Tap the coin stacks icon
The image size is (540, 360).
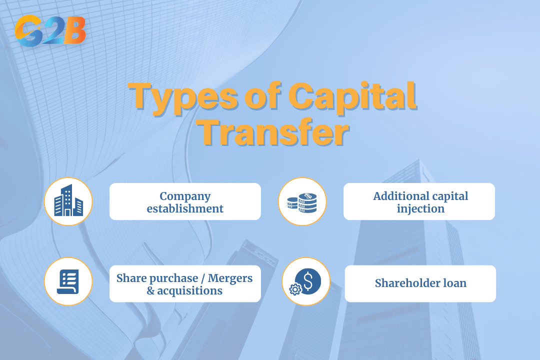click(x=302, y=201)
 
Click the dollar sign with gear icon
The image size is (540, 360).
click(x=306, y=281)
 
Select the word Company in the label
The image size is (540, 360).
click(x=185, y=196)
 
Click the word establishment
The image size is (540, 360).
click(x=185, y=208)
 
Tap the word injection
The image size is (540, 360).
click(x=420, y=208)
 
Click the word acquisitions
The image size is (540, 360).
click(x=189, y=290)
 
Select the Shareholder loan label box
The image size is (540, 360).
click(x=420, y=283)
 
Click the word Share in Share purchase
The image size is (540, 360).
click(x=129, y=277)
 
